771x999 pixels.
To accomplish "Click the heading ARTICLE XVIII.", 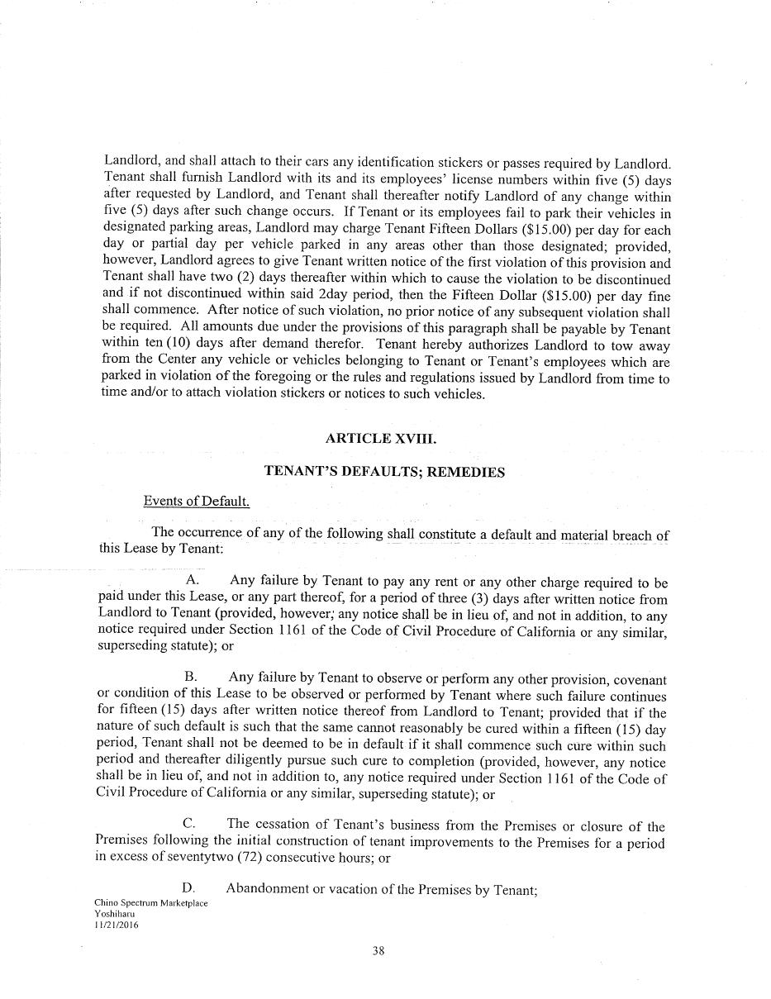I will (381, 439).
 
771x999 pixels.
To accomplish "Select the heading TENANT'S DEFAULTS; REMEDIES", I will (383, 472).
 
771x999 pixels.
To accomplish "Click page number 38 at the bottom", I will (378, 950).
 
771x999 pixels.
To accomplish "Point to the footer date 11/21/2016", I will (117, 925).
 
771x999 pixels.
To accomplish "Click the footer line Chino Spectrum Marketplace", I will (151, 903).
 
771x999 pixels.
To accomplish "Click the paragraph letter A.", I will (193, 583).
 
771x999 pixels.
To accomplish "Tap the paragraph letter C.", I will (189, 824).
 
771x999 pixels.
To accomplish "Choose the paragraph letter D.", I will (189, 888).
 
